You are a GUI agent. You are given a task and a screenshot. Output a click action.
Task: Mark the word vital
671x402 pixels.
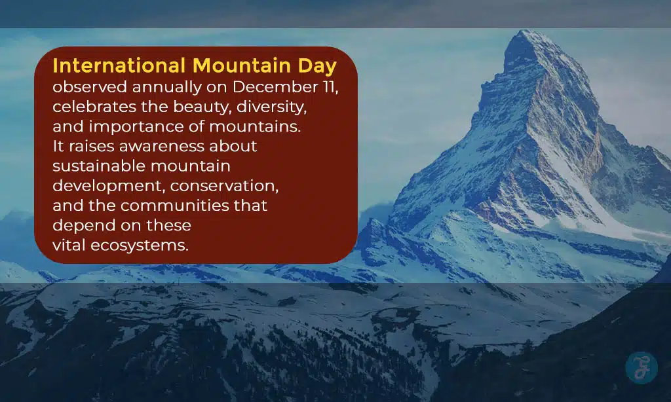[68, 246]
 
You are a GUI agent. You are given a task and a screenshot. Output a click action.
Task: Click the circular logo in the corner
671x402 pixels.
[640, 368]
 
